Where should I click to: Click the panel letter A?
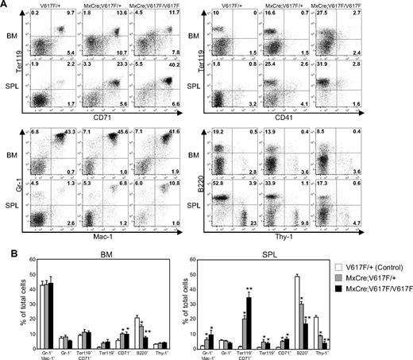click(5, 5)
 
